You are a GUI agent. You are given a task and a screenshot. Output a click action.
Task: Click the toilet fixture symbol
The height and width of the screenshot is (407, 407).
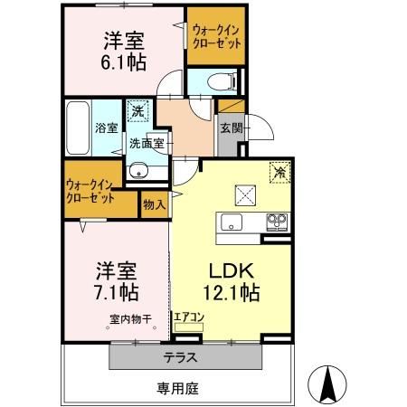pyautogui.click(x=212, y=80)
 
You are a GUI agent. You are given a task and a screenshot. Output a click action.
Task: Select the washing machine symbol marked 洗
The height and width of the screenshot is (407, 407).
pyautogui.click(x=137, y=111)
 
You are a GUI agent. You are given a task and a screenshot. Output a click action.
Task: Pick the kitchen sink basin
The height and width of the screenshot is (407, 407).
pyautogui.click(x=232, y=223)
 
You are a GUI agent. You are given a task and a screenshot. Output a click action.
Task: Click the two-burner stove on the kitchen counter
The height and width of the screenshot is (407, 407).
pyautogui.click(x=276, y=222)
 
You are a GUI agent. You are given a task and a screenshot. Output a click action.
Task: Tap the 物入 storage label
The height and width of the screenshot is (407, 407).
pyautogui.click(x=155, y=205)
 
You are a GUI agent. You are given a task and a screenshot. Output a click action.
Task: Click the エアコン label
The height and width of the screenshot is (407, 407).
pyautogui.click(x=190, y=317)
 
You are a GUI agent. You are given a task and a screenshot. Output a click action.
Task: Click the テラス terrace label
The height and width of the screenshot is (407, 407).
pyautogui.click(x=182, y=355)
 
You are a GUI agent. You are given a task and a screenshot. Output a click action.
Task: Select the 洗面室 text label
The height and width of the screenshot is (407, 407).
pyautogui.click(x=145, y=143)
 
